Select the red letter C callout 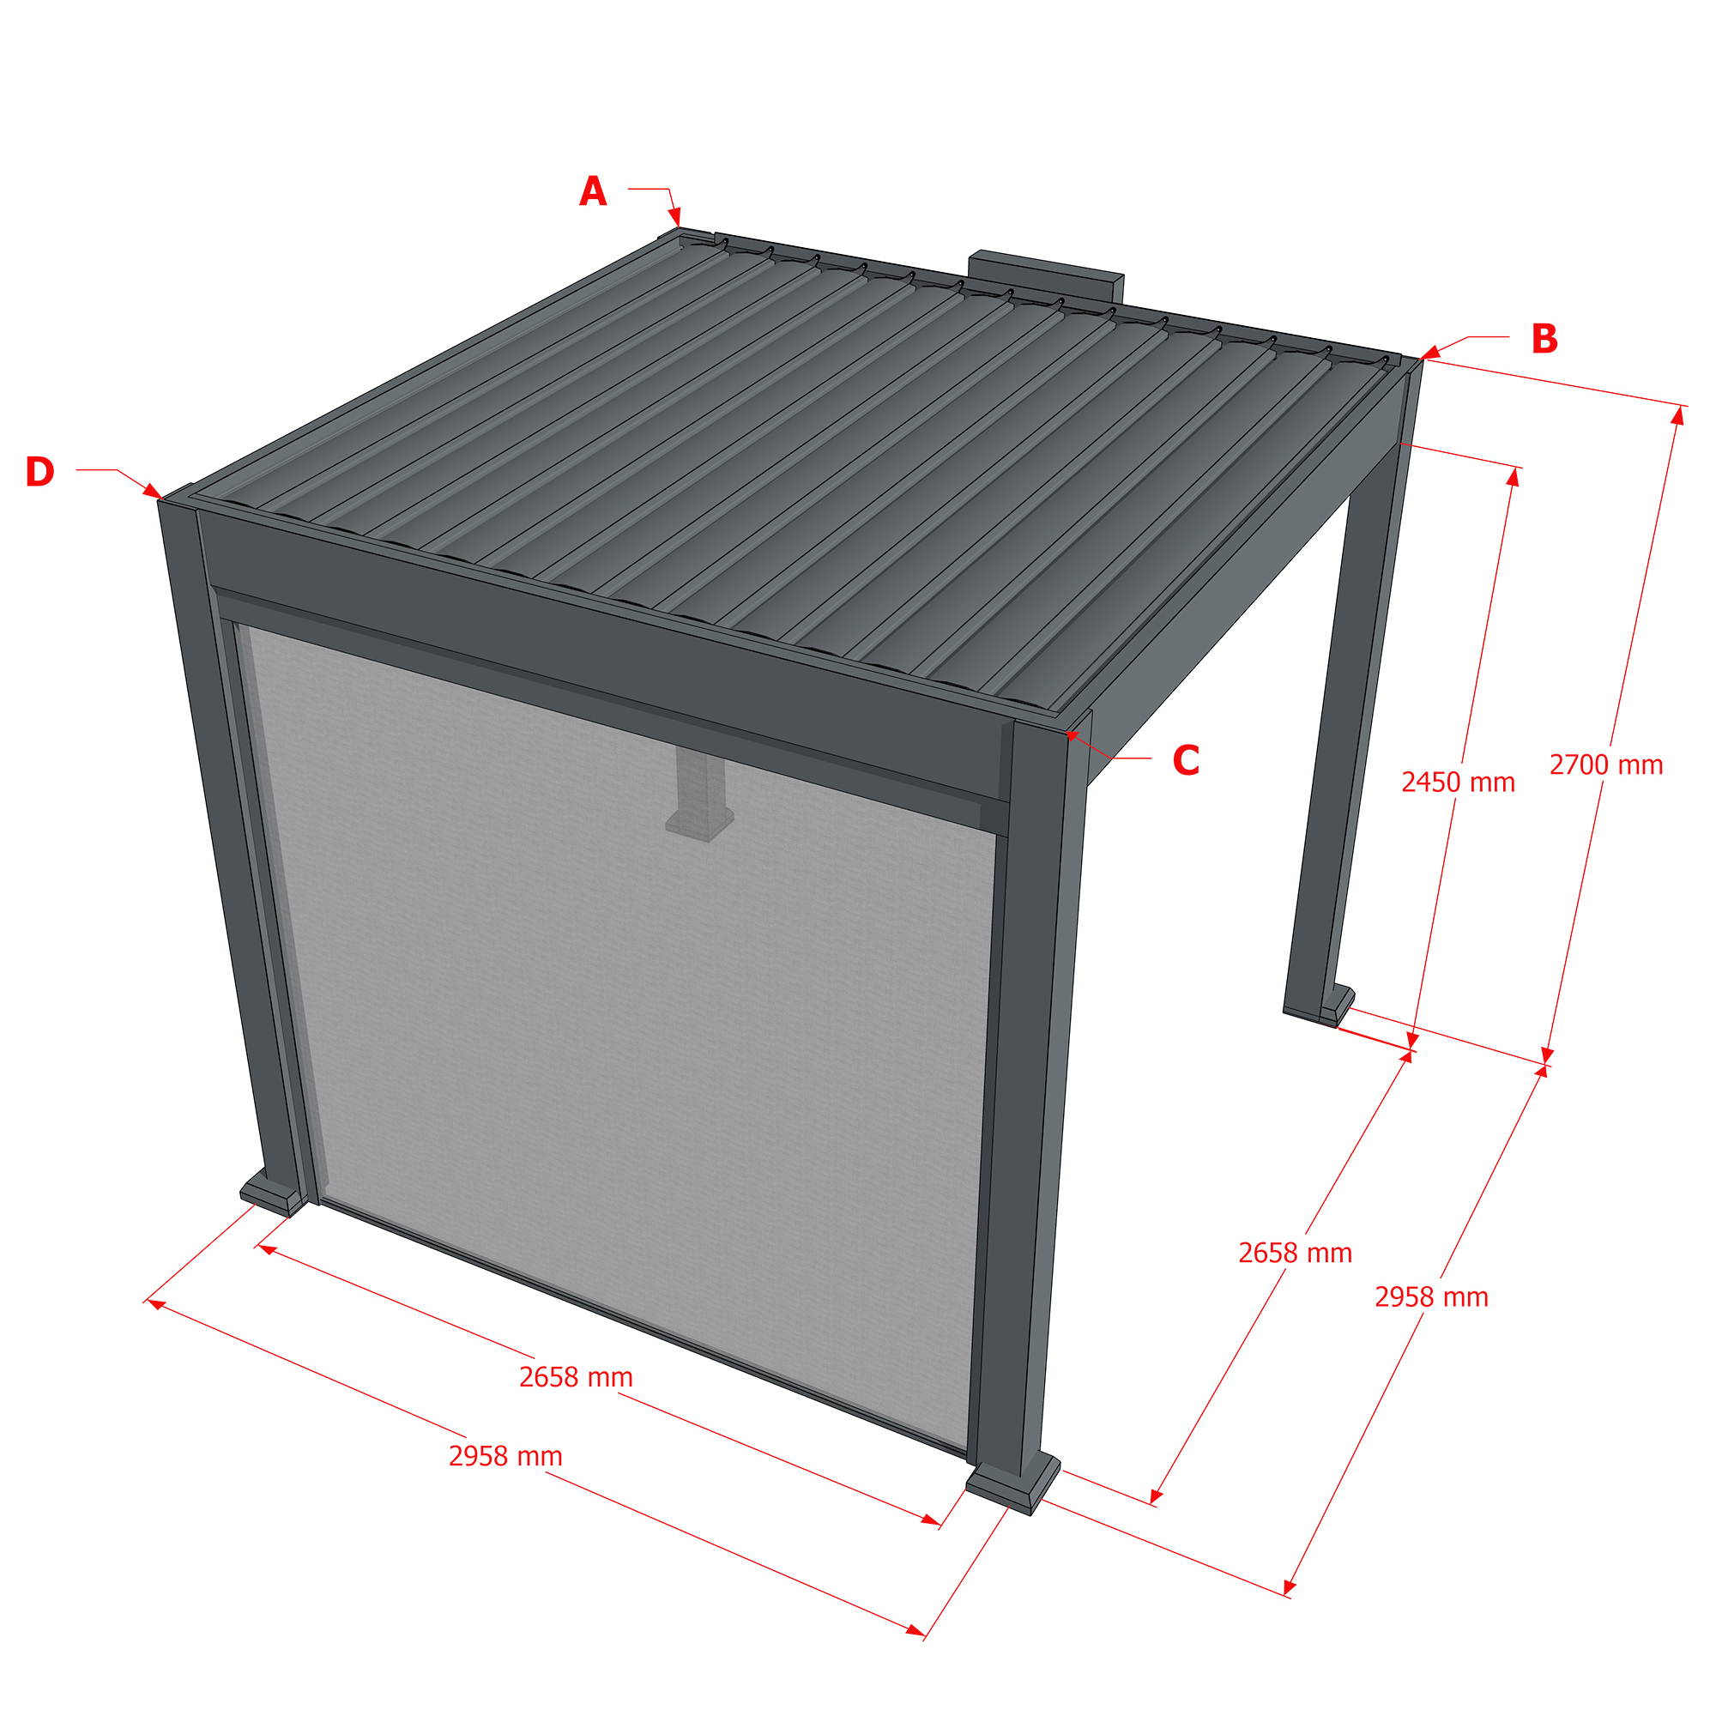[x=1186, y=760]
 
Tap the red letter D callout [x=40, y=472]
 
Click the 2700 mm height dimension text [x=1606, y=764]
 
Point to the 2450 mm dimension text [x=1459, y=782]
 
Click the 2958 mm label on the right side [x=1432, y=1297]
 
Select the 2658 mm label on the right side [x=1295, y=1254]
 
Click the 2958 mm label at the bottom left [x=505, y=1457]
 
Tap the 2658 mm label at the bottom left [x=576, y=1378]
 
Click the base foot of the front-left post [x=273, y=1193]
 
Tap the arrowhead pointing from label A [x=675, y=217]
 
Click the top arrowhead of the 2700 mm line [x=1677, y=415]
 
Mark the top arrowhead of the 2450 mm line [x=1514, y=477]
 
